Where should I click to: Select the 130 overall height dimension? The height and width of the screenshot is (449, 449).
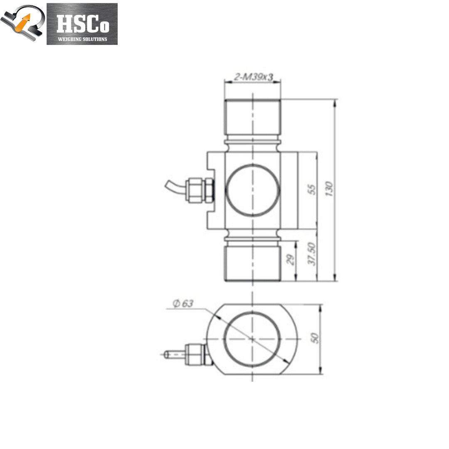coord(330,189)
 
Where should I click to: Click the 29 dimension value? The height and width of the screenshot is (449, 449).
coord(291,260)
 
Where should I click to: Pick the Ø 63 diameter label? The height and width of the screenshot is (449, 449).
coord(183,303)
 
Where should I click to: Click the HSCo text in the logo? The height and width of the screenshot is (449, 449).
coord(82,25)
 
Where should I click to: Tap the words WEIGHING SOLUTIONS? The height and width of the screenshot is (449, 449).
coord(82,39)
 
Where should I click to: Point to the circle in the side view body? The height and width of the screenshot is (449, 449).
coord(252,190)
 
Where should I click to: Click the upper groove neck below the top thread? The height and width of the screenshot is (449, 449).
coord(252,144)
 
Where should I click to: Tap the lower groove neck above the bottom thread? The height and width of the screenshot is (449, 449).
coord(252,237)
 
